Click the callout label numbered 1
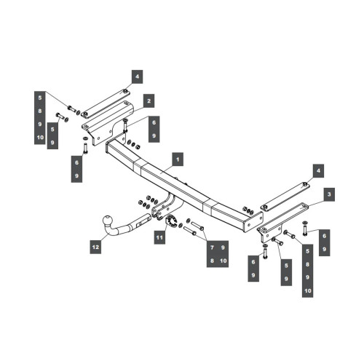point(178,159)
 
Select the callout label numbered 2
point(149,100)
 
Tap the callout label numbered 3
point(329,194)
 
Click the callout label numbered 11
point(159,237)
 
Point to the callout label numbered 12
point(95,247)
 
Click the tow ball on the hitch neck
point(108,221)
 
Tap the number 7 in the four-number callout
point(212,248)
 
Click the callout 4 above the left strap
point(138,76)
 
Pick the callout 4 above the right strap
point(318,171)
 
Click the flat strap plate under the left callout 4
point(106,103)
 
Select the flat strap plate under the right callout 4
point(285,196)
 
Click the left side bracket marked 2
point(107,124)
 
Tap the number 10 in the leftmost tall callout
point(40,138)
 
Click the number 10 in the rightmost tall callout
point(308,290)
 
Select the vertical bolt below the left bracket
point(85,149)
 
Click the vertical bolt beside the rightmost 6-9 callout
point(304,229)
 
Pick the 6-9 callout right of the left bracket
point(154,129)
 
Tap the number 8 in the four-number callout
point(212,261)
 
